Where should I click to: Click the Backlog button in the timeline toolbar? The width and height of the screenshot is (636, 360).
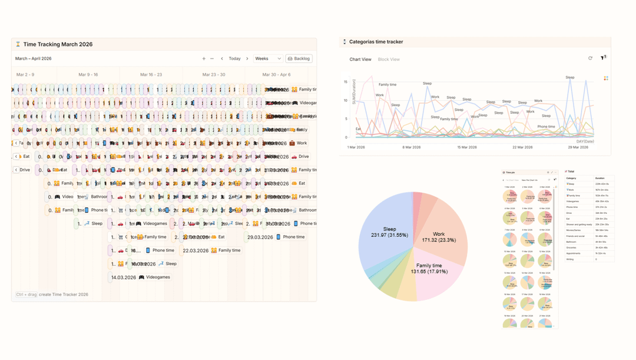click(x=299, y=59)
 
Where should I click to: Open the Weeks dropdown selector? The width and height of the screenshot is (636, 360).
click(x=268, y=59)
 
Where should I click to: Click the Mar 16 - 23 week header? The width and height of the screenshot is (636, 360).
click(x=151, y=75)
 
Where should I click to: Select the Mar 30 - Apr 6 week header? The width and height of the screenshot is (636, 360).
click(x=276, y=75)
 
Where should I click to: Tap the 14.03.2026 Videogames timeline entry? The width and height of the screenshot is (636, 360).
click(x=141, y=277)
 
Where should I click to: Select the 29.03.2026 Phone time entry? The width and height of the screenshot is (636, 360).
click(x=276, y=237)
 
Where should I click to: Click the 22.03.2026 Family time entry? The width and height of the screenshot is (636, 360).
click(x=211, y=250)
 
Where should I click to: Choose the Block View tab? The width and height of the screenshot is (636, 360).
click(x=389, y=60)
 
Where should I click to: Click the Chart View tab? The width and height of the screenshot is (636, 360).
click(x=360, y=60)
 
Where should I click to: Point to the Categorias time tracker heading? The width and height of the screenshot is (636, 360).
click(x=376, y=42)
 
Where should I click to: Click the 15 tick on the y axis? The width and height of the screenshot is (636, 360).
click(x=346, y=82)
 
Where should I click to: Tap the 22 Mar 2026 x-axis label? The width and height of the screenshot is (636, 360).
click(x=522, y=147)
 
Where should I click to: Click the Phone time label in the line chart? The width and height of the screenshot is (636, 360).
click(x=546, y=127)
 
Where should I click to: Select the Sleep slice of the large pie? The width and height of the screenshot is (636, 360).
click(x=389, y=232)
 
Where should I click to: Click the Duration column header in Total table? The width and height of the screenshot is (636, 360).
click(x=599, y=178)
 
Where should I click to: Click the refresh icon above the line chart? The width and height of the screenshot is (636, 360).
click(x=590, y=58)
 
